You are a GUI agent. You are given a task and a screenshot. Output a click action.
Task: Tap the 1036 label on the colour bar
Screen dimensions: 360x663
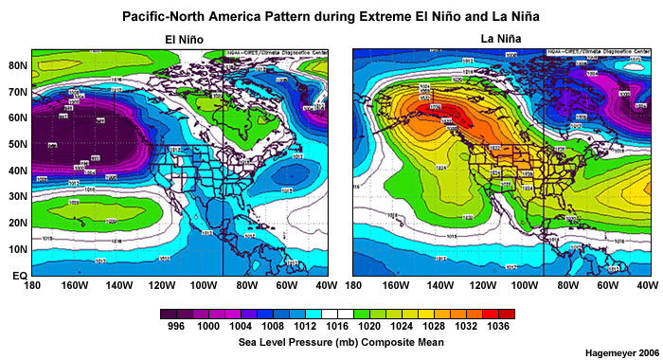498,327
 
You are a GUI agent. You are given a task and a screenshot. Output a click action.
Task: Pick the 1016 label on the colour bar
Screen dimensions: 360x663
335,327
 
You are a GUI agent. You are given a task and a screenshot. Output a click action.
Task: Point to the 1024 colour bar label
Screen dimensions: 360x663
401,327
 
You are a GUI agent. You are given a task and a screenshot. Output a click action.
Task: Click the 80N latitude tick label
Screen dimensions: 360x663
16,65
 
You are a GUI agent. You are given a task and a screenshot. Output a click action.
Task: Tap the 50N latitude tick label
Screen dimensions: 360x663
16,144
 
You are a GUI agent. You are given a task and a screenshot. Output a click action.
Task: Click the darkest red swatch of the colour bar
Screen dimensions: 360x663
507,313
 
